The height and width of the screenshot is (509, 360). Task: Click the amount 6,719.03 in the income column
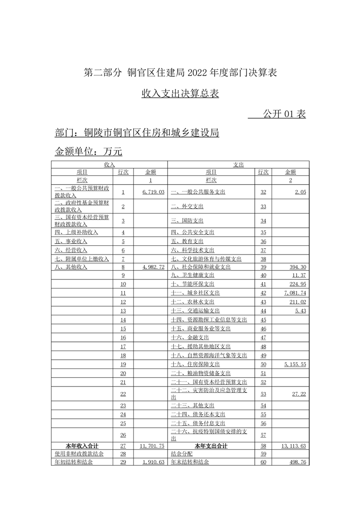tap(153, 192)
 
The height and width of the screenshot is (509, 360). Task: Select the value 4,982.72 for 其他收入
tap(153, 267)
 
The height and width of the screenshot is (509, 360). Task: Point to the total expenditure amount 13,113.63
tap(294, 446)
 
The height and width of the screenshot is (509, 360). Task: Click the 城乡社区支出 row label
tap(195, 293)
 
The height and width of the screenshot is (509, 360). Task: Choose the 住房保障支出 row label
tap(195, 364)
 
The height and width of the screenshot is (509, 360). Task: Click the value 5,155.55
tap(295, 364)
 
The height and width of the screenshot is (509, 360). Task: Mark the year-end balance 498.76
tap(297, 462)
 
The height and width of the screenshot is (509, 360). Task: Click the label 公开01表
tap(284, 114)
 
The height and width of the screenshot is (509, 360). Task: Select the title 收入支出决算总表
tap(180, 93)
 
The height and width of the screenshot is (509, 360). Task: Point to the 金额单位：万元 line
tap(89, 151)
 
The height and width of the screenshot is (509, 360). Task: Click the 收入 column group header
tap(109, 164)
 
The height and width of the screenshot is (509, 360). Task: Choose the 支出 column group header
tap(238, 164)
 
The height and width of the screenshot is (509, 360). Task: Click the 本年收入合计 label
tap(82, 446)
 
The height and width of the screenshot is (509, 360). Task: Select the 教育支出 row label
tap(187, 241)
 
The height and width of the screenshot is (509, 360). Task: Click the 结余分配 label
tap(182, 454)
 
